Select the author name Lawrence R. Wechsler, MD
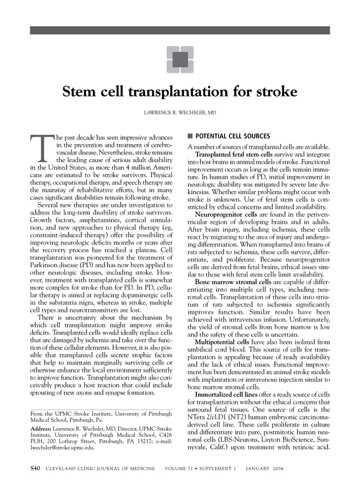click(180, 111)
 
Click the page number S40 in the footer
click(35, 468)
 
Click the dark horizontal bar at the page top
click(180, 30)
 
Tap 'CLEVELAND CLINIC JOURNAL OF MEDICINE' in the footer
click(100, 468)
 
